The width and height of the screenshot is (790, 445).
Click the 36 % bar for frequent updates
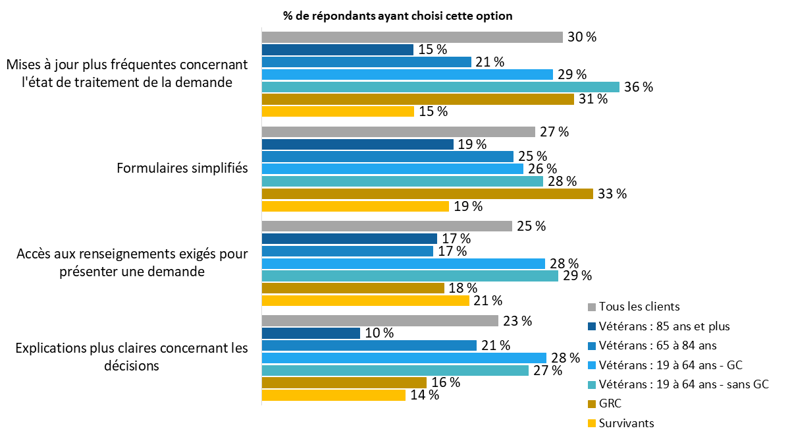click(440, 87)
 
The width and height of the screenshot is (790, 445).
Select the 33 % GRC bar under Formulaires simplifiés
click(427, 194)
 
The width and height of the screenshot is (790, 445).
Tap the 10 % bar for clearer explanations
click(311, 333)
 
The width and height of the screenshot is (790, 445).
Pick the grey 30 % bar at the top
click(412, 37)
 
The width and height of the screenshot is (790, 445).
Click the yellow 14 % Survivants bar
click(333, 395)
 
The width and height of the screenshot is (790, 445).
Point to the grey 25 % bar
click(386, 226)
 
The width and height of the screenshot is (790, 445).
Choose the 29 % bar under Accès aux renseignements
click(409, 276)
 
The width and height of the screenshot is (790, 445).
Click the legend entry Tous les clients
click(639, 307)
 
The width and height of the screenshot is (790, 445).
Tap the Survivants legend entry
click(626, 423)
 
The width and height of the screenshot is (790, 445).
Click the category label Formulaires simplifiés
click(182, 168)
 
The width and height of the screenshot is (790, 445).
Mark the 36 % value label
click(639, 87)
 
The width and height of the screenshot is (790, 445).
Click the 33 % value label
click(612, 194)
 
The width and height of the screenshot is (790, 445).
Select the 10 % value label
click(379, 333)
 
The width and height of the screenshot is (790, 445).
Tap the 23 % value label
click(517, 321)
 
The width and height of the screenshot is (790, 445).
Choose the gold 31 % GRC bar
click(418, 100)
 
